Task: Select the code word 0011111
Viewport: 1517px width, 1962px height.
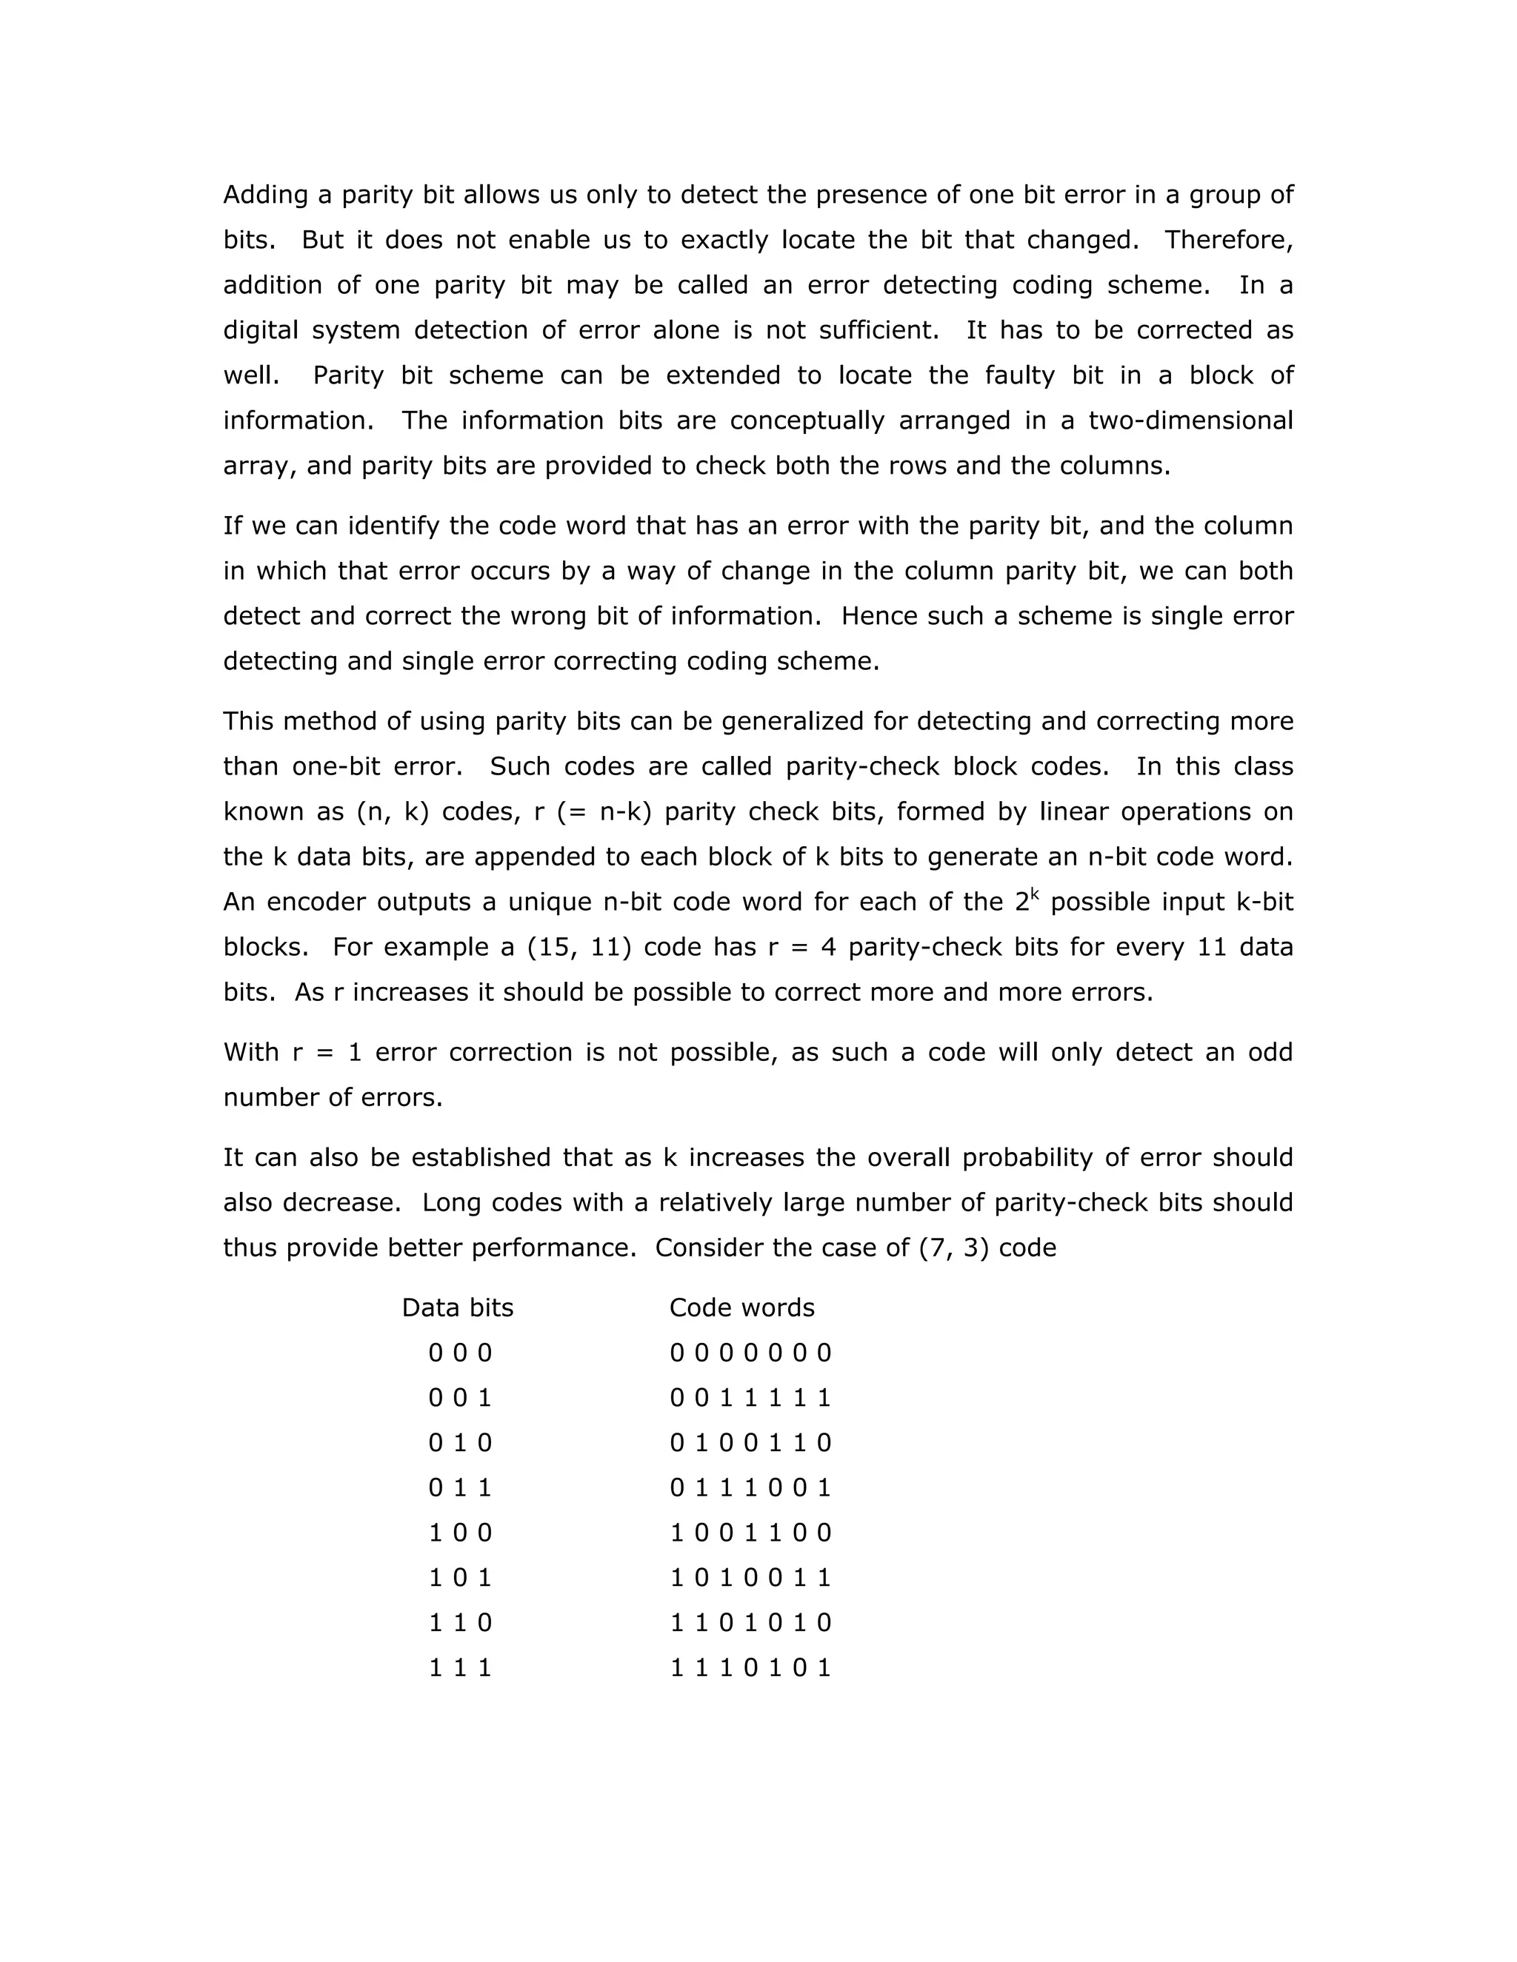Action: coord(750,1398)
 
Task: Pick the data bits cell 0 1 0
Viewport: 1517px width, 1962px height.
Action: coord(460,1443)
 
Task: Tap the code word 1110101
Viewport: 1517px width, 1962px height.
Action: coord(750,1668)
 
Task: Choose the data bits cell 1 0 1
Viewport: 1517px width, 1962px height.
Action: coord(460,1578)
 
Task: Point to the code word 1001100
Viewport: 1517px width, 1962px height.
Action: coord(750,1533)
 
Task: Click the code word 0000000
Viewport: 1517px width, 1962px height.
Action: coord(750,1353)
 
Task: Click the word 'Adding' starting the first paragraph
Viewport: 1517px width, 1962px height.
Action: coord(265,195)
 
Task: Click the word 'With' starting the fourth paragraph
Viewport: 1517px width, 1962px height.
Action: coord(251,1052)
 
